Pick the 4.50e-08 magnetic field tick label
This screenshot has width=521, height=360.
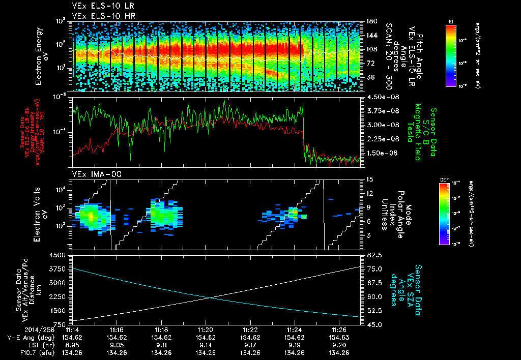[x=378, y=97]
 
